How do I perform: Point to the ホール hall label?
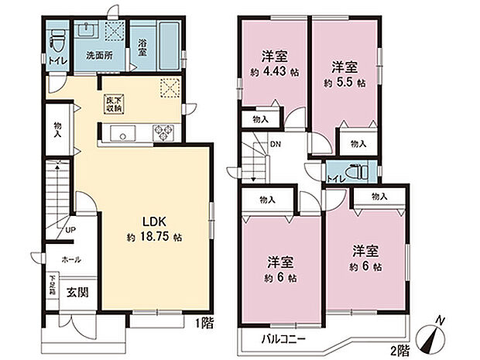(70, 260)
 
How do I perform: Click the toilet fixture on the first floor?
(57, 38)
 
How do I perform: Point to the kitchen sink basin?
(122, 134)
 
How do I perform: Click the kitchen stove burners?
(165, 133)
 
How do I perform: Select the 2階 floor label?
(399, 350)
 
